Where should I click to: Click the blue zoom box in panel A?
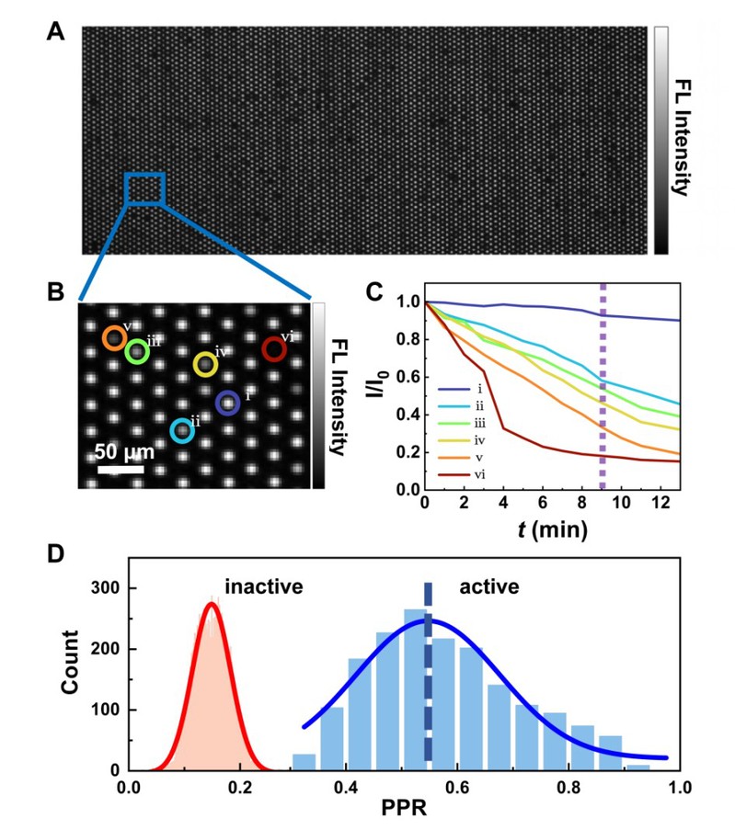(144, 188)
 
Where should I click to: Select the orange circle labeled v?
(114, 338)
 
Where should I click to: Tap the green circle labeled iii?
(137, 351)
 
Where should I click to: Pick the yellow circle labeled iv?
(205, 364)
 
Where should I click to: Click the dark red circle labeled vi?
(273, 349)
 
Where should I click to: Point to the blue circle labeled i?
(227, 403)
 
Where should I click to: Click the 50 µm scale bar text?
(123, 453)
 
